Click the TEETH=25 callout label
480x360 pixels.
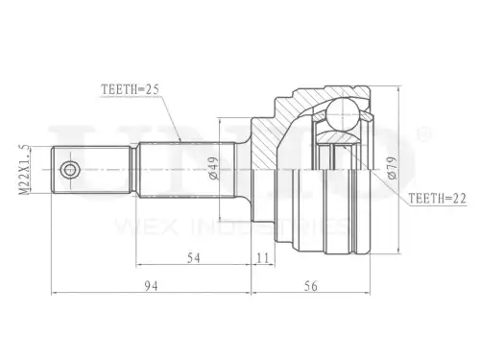coord(131,89)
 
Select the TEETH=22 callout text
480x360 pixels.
coord(438,199)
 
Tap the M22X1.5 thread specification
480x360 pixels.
coord(24,169)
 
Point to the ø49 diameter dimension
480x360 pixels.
coord(213,168)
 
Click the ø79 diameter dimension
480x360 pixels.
coord(392,168)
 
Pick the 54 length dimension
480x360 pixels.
coord(194,258)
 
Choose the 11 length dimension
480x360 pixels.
coord(263,258)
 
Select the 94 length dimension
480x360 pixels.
coord(151,286)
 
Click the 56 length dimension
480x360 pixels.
coord(311,286)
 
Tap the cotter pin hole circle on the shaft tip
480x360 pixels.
coord(70,169)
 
